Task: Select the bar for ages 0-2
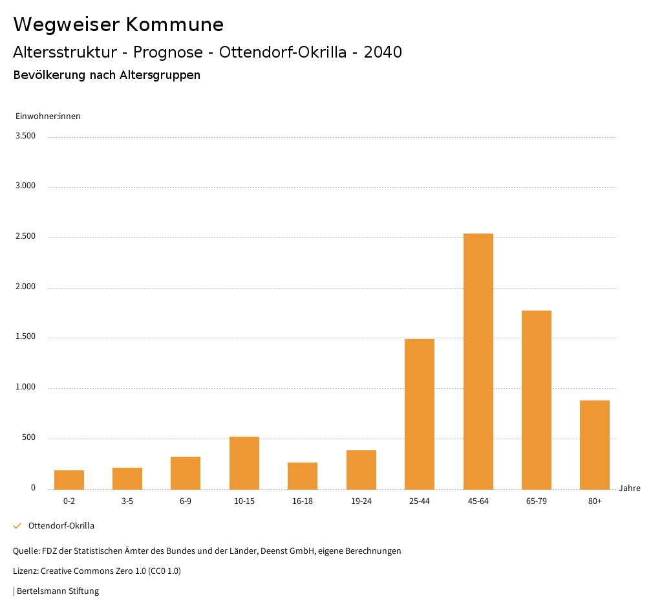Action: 69,479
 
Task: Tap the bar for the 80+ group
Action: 595,444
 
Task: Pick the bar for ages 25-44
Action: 420,414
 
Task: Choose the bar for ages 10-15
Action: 244,463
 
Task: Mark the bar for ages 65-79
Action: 537,400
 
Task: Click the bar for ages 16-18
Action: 303,475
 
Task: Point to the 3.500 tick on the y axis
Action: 26,136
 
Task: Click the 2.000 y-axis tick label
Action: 26,287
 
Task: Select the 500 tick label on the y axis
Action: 28,438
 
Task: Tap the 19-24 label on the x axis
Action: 361,501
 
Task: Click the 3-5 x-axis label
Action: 127,501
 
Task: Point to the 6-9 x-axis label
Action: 186,501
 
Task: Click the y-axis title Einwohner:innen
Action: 48,116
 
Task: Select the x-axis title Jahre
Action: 630,488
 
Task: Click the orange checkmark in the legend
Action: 17,526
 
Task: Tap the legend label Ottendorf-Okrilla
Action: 61,526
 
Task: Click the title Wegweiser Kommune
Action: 118,25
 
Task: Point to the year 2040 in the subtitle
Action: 383,52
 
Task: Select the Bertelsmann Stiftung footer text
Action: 57,591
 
